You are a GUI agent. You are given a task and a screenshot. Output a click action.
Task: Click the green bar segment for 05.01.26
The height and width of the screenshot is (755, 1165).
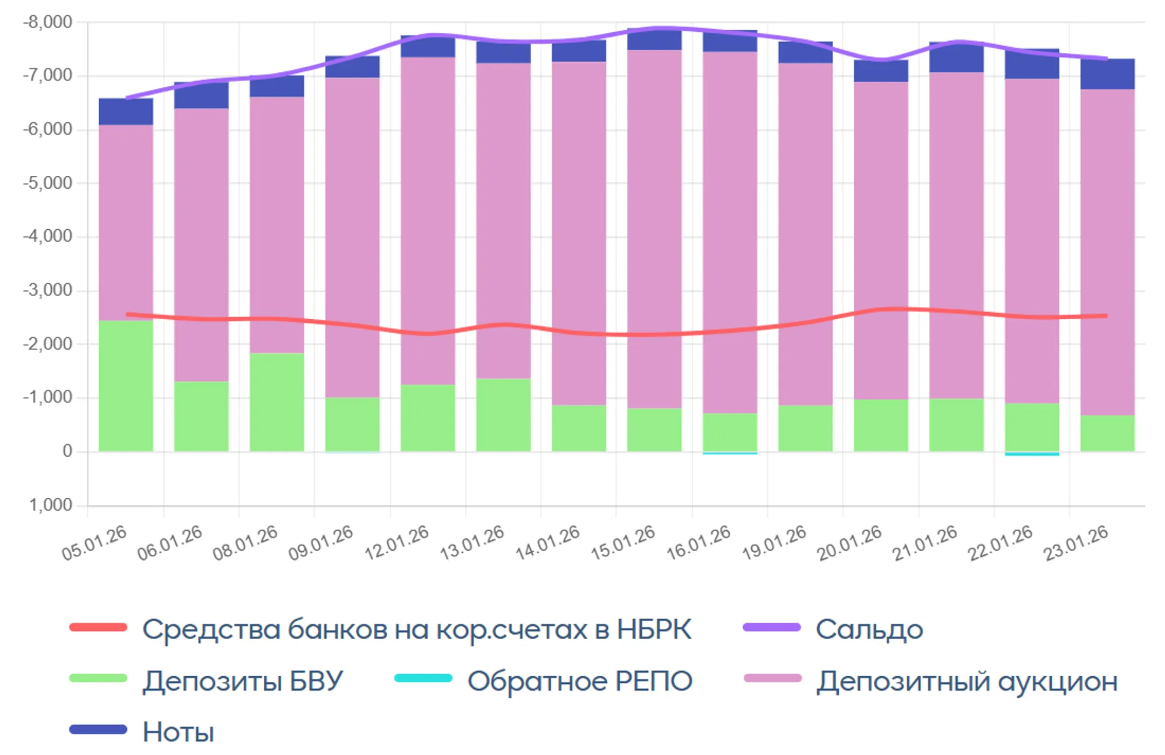pos(126,386)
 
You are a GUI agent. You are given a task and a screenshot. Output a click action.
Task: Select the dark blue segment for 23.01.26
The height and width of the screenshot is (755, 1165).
pos(1107,74)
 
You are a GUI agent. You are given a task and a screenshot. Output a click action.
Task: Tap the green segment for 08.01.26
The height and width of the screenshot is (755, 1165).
pos(277,402)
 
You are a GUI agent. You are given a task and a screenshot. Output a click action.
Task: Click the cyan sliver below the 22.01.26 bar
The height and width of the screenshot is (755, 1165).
pos(1032,454)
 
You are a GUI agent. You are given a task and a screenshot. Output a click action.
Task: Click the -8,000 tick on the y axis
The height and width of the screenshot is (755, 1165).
pos(47,22)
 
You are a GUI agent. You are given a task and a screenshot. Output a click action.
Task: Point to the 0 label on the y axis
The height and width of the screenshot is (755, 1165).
pos(67,451)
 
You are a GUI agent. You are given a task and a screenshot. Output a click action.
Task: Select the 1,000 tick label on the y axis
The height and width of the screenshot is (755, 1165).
pos(51,505)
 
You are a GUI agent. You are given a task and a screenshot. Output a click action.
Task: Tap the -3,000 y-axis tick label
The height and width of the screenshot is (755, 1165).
pos(47,290)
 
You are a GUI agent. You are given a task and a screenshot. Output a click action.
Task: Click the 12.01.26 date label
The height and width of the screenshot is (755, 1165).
pos(397,542)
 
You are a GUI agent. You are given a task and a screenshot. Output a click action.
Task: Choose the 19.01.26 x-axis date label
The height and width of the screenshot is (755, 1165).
pos(775,542)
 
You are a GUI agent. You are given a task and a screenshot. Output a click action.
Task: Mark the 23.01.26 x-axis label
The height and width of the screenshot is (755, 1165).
pos(1077,542)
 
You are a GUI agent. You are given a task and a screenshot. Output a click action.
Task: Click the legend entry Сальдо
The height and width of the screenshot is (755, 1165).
pos(868,629)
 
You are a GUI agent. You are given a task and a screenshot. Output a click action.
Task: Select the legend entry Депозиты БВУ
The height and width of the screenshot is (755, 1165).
pos(243,681)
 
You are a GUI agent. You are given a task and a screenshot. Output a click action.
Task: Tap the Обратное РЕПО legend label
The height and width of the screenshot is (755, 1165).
pos(580,681)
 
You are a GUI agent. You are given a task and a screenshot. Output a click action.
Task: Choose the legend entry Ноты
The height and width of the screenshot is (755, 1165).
pos(178,732)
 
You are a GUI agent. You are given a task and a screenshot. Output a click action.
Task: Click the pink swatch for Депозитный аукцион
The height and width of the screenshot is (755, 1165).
pos(772,678)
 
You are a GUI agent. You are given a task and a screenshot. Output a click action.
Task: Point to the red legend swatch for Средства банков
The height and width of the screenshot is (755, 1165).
pos(98,627)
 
